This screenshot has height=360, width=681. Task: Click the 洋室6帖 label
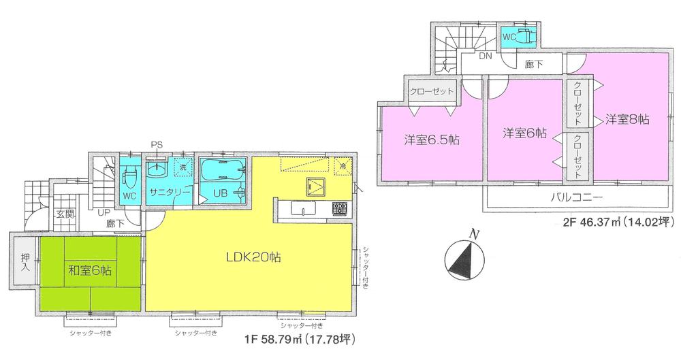pyautogui.click(x=524, y=133)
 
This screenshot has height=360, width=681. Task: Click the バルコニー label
pyautogui.click(x=575, y=198)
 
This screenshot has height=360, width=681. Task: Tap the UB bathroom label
pyautogui.click(x=221, y=193)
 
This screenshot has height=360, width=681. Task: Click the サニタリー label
pyautogui.click(x=169, y=193)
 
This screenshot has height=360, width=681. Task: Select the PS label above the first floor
pyautogui.click(x=157, y=144)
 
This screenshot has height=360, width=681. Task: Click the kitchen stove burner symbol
pyautogui.click(x=340, y=208)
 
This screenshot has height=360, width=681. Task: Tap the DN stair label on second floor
pyautogui.click(x=484, y=56)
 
